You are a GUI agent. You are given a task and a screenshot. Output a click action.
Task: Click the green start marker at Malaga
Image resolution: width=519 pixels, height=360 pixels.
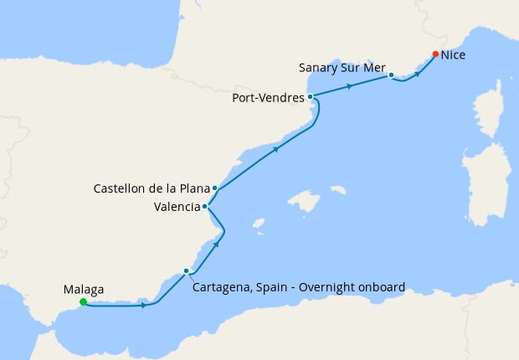coord(83,302)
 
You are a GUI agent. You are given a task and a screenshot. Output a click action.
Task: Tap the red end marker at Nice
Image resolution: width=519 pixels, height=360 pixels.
coord(435,54)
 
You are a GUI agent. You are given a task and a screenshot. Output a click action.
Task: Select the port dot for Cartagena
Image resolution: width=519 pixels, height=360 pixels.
coord(186,270)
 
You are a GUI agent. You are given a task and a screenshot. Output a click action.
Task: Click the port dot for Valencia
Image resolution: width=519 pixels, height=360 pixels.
coord(206,206)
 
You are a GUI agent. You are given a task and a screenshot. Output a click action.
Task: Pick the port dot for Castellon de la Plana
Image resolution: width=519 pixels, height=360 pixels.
coord(215,188)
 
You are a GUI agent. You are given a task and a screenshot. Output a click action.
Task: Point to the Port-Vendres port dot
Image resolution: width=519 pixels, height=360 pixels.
coord(311,97)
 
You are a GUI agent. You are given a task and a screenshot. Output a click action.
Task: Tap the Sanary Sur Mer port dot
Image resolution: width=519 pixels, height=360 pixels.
coord(391,75)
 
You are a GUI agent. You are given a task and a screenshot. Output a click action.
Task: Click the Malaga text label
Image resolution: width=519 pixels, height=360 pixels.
coord(84,290)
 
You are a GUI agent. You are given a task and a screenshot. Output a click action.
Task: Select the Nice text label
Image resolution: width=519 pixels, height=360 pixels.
coord(453,55)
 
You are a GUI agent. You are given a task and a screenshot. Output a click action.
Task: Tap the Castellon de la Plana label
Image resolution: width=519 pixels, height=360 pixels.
coord(152,188)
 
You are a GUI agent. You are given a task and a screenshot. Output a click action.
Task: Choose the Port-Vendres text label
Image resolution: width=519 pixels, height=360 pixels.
coord(268,98)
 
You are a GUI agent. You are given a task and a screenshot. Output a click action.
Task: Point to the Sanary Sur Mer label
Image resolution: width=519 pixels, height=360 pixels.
coord(342,66)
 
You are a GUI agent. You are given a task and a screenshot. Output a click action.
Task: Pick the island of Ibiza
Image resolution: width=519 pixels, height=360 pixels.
coord(259,224)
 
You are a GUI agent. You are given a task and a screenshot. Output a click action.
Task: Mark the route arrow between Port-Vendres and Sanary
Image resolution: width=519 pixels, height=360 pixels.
coord(350,85)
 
